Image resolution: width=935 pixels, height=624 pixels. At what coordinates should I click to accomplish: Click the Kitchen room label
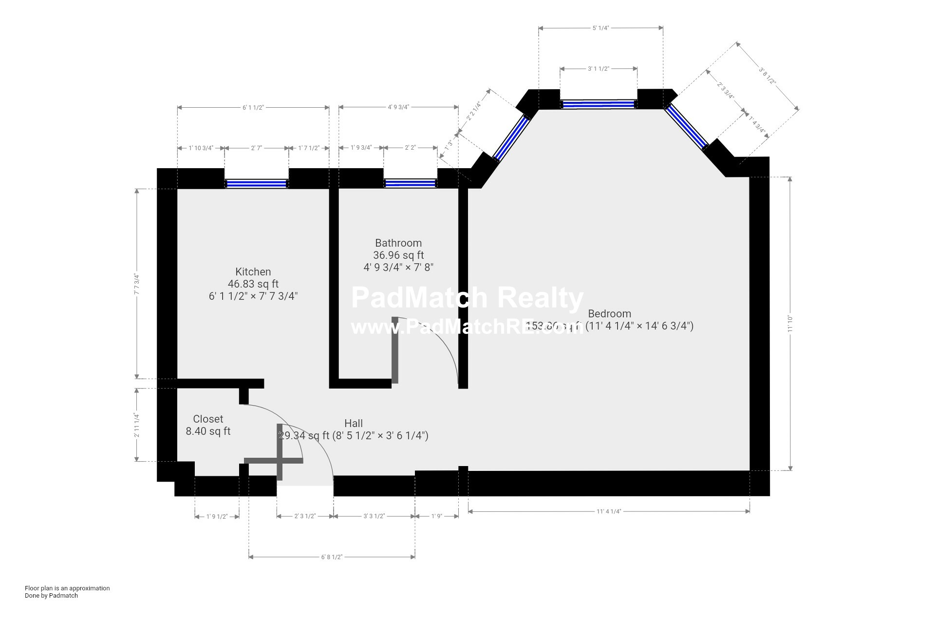[253, 272]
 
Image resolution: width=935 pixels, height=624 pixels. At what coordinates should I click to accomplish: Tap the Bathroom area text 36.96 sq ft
[398, 255]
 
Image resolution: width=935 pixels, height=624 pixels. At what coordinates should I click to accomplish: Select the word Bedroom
[609, 313]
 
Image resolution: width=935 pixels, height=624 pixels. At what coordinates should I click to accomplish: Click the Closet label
[208, 419]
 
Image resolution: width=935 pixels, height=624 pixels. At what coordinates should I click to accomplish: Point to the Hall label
[354, 423]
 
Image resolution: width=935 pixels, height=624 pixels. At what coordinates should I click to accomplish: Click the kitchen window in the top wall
[257, 184]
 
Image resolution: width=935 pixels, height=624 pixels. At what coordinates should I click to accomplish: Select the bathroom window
[410, 183]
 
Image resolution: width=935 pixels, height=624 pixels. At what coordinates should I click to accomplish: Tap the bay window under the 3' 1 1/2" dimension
[598, 104]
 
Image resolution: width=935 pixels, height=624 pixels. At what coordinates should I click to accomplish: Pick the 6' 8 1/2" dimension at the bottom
[332, 557]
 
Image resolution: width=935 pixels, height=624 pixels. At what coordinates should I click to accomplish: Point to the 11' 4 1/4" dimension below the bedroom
[609, 511]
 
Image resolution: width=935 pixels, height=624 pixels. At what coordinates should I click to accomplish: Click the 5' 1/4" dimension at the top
[600, 28]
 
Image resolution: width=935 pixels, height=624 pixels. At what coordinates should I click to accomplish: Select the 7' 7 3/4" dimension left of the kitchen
[137, 284]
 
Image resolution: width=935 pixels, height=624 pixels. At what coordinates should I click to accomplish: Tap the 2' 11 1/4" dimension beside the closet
[137, 425]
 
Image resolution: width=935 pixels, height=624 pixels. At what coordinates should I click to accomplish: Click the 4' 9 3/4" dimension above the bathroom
[398, 107]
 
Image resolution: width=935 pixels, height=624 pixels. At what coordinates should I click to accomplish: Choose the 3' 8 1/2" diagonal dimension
[767, 76]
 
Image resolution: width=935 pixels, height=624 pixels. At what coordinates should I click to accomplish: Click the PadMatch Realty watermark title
[467, 297]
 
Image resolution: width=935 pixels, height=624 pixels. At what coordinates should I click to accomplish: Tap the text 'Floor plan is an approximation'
[67, 588]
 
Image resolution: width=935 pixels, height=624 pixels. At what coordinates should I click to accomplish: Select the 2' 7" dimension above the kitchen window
[257, 148]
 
